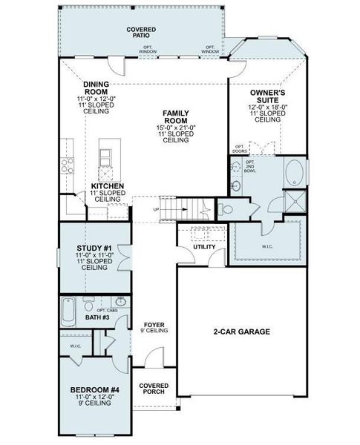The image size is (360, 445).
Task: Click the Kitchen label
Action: pyautogui.click(x=108, y=187)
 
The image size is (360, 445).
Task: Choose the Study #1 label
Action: pyautogui.click(x=94, y=248)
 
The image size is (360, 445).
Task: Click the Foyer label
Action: pyautogui.click(x=154, y=325)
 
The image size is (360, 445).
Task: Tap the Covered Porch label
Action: pyautogui.click(x=153, y=389)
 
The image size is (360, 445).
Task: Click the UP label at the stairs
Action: pyautogui.click(x=156, y=209)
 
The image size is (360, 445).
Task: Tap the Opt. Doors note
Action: pyautogui.click(x=240, y=148)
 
